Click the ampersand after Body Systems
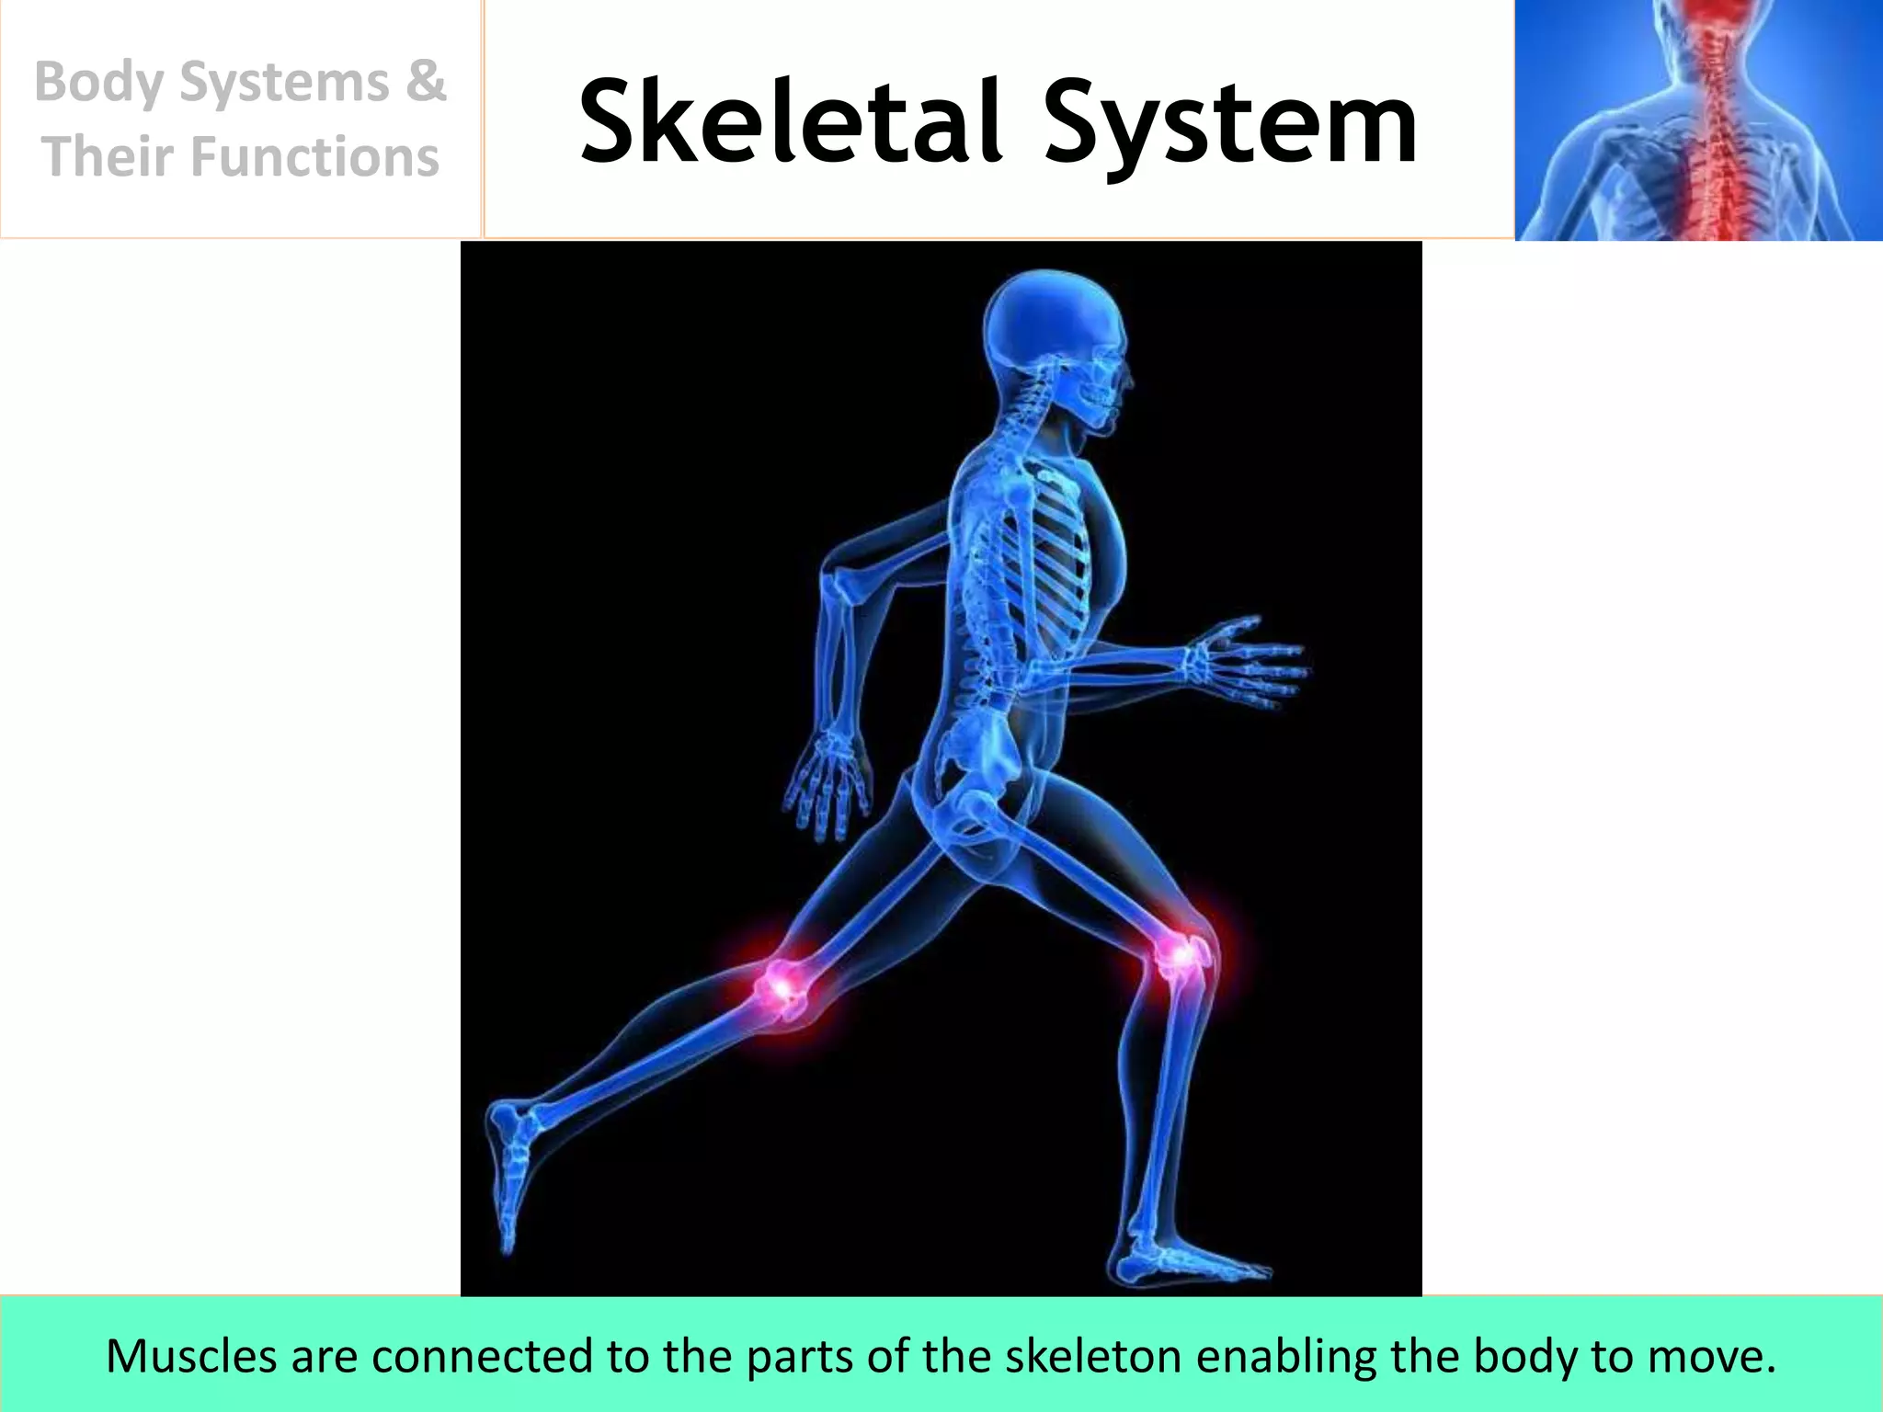click(x=425, y=81)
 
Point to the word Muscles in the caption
click(x=191, y=1356)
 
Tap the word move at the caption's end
click(x=1716, y=1356)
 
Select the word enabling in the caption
click(x=1291, y=1356)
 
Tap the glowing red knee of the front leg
click(x=1181, y=956)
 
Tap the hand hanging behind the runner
click(x=827, y=781)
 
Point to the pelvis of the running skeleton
click(x=975, y=763)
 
